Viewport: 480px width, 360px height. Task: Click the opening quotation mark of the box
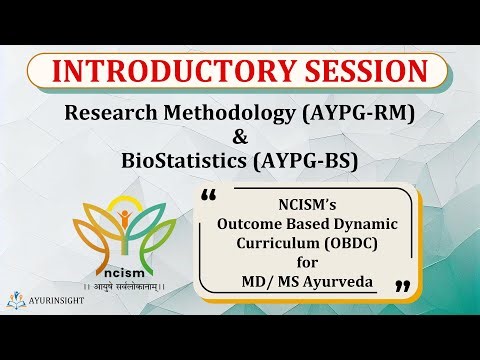(x=208, y=192)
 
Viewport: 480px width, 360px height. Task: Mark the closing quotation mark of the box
(x=404, y=287)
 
